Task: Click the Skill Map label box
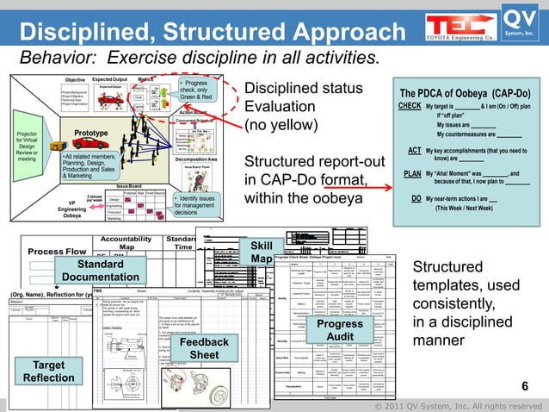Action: [262, 253]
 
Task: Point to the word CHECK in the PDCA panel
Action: [410, 107]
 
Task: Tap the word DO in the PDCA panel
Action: [416, 197]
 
